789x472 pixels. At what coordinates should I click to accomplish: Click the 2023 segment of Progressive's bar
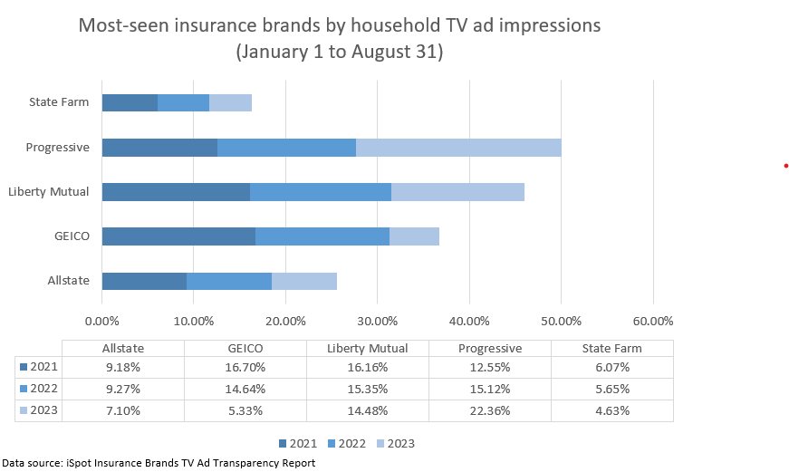(x=458, y=148)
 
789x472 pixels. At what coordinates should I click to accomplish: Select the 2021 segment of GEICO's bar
(x=178, y=236)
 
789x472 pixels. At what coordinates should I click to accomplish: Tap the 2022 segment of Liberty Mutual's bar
(x=321, y=192)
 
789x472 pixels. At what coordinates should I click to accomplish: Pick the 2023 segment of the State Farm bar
(x=230, y=102)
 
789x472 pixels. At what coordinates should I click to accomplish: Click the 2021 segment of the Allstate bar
(x=144, y=281)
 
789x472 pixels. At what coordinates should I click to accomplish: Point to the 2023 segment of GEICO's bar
(x=414, y=236)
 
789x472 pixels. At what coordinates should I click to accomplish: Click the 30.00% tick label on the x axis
(x=377, y=320)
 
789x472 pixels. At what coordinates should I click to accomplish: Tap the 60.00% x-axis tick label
(x=652, y=320)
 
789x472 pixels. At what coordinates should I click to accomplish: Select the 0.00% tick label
(x=101, y=320)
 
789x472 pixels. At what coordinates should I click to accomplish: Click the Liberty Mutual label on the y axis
(x=48, y=192)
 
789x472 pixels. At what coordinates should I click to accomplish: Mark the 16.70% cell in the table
(x=245, y=367)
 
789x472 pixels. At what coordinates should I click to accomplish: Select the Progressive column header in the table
(x=490, y=348)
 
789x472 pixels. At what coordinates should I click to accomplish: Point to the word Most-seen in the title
(x=121, y=24)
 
